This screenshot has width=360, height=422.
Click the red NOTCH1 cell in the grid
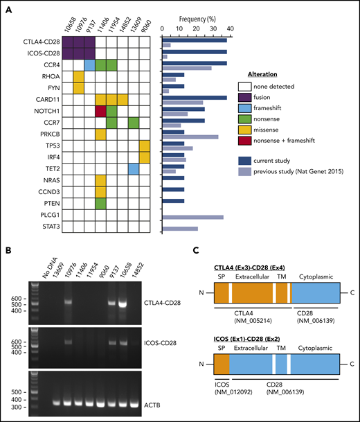(100, 111)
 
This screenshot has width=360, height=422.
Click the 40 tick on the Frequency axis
(226, 29)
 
